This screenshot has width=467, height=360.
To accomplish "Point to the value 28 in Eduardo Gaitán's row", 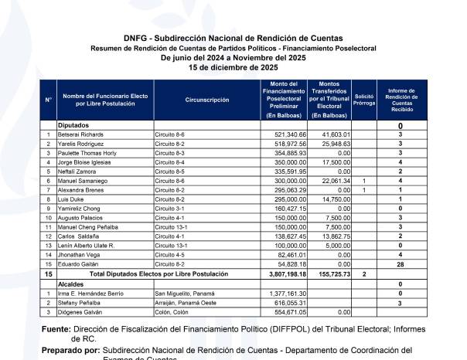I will [401, 264].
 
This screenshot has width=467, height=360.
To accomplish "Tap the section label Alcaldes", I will [71, 284].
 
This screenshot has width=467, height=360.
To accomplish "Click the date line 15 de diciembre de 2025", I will [233, 67].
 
